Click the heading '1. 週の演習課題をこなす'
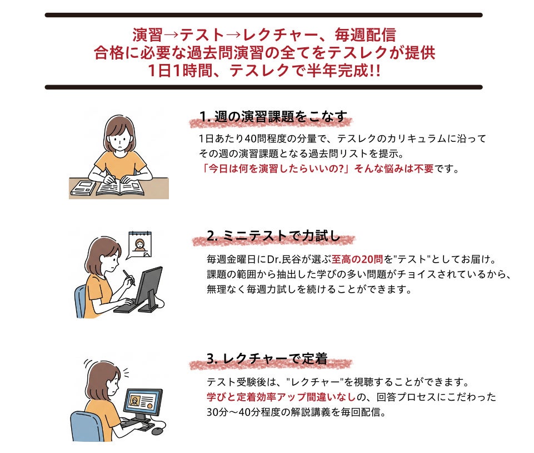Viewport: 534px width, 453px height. (273, 117)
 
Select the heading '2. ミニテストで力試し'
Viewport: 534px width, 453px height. (273, 236)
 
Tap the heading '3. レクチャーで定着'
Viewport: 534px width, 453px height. (267, 358)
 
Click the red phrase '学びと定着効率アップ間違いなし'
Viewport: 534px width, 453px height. (281, 397)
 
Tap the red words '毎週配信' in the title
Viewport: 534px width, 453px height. (365, 35)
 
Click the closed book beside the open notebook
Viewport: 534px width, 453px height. (83, 188)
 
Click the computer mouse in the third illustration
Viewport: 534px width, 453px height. (157, 431)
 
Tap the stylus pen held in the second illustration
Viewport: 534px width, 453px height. (129, 278)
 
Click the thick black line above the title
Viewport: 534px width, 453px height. (263, 15)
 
